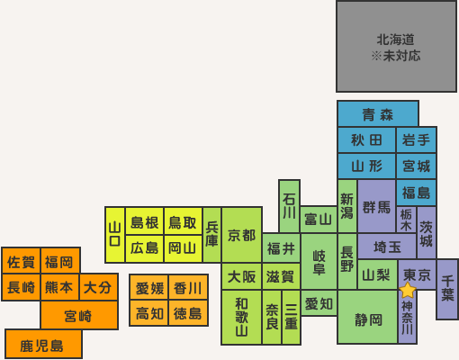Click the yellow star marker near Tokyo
(x=408, y=290)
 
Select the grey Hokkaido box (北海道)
(x=396, y=47)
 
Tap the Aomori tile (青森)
(x=378, y=113)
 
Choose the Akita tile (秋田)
(x=366, y=139)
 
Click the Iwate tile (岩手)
(x=416, y=139)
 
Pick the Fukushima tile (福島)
(x=416, y=193)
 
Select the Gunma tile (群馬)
(x=376, y=206)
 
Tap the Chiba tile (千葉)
(x=447, y=289)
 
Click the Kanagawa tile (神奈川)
(x=407, y=317)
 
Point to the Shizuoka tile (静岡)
(x=367, y=317)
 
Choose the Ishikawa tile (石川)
(x=289, y=206)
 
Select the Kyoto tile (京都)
(x=241, y=235)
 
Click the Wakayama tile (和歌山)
(x=241, y=317)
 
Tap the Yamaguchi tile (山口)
(x=115, y=235)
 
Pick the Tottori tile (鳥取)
(x=183, y=221)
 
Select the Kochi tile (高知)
(x=148, y=313)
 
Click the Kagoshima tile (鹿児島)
(x=43, y=344)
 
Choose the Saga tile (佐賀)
(x=21, y=261)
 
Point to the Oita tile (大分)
(x=98, y=287)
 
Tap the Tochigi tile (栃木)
(x=406, y=220)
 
